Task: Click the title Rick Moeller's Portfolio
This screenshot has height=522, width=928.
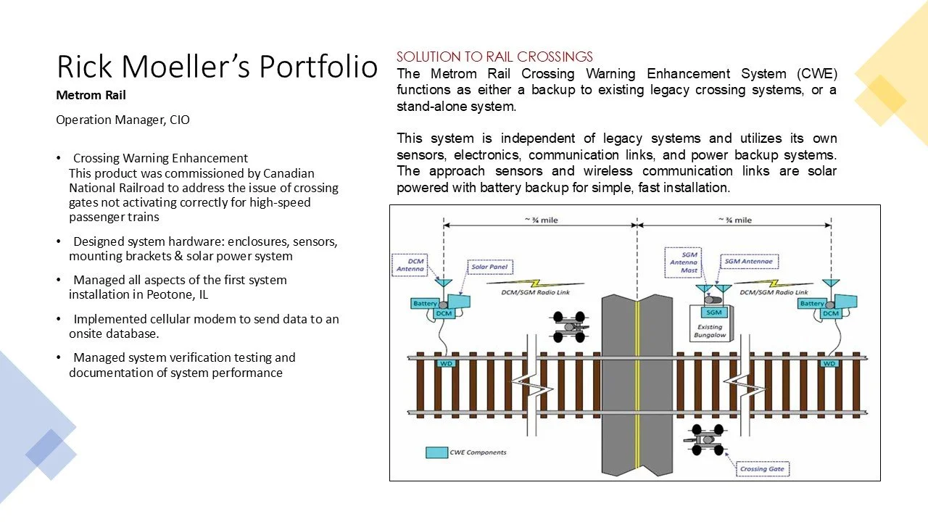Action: (x=217, y=66)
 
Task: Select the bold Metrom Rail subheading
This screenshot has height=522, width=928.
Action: (x=91, y=96)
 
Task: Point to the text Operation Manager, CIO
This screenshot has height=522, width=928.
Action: (x=123, y=120)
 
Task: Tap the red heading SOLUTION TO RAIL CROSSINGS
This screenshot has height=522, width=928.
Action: (x=494, y=57)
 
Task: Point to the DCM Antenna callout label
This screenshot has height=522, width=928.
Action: (x=410, y=264)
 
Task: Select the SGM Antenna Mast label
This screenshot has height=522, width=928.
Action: (x=689, y=261)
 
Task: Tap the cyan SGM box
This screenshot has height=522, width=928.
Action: (x=714, y=312)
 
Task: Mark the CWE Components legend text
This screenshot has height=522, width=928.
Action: (x=478, y=452)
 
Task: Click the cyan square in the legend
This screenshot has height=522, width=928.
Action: (x=436, y=452)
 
